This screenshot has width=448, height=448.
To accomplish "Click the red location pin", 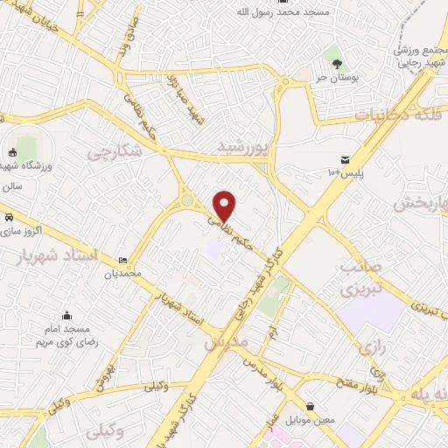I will (225, 205).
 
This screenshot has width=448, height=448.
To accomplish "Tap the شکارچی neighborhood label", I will (115, 151).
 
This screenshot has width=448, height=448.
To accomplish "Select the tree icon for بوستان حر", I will (337, 63).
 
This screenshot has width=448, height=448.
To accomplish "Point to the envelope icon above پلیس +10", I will (346, 160).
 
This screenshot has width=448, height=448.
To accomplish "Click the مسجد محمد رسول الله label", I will (281, 13).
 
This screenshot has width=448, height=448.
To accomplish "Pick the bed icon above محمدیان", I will (122, 260).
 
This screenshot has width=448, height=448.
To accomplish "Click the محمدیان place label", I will (122, 274).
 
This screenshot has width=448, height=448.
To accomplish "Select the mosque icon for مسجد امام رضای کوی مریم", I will (67, 316).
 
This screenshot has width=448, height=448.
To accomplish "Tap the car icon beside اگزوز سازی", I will (8, 216).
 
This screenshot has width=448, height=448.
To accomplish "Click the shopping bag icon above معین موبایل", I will (311, 406).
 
